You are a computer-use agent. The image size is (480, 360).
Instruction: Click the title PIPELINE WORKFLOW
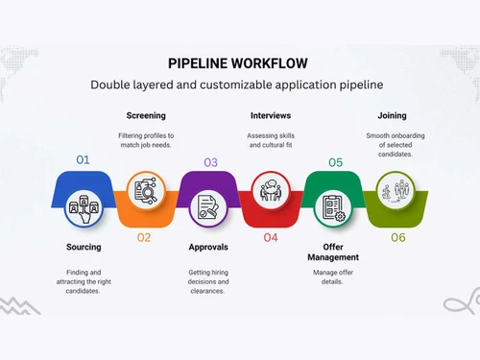(x=239, y=62)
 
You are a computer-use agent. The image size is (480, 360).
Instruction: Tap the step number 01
(x=83, y=160)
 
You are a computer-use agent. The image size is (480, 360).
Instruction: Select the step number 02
(x=144, y=236)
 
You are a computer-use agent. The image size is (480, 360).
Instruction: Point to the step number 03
(x=210, y=162)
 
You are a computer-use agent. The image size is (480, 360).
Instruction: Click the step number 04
(x=271, y=236)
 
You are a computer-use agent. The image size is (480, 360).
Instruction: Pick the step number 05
(x=335, y=162)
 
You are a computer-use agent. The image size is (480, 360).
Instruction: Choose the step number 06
(x=397, y=236)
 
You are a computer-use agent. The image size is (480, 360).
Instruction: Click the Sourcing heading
(x=84, y=247)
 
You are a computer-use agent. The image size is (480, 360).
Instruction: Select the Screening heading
(x=146, y=116)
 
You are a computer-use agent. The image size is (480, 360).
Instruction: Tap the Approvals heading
(x=208, y=247)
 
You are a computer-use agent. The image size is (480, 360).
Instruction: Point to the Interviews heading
(x=271, y=116)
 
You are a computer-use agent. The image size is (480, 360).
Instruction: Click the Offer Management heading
(x=334, y=252)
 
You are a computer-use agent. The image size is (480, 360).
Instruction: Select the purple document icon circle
(x=208, y=204)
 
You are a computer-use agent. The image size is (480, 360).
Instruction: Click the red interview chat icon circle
(x=271, y=189)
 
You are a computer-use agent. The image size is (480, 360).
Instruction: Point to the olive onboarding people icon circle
(x=396, y=189)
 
